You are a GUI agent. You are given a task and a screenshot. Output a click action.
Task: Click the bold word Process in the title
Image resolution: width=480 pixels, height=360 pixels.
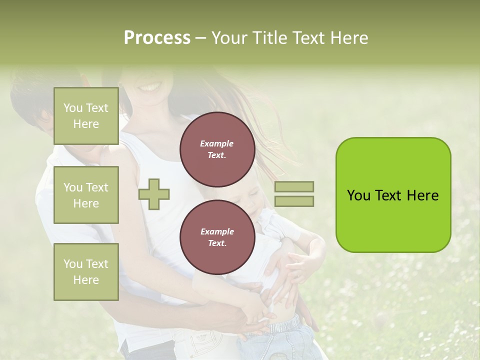pyautogui.click(x=157, y=38)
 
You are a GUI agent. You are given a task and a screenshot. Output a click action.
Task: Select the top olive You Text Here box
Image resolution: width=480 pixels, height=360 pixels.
pyautogui.click(x=86, y=116)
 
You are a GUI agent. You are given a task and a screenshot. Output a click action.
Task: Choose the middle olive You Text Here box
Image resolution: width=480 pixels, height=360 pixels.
pyautogui.click(x=86, y=195)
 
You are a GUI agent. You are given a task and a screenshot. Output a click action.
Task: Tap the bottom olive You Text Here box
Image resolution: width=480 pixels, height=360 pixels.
pyautogui.click(x=86, y=272)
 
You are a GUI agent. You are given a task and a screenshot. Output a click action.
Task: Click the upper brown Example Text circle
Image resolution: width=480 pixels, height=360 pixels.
pyautogui.click(x=217, y=149)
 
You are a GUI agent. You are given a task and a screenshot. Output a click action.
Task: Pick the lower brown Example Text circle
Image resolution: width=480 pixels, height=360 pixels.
pyautogui.click(x=217, y=237)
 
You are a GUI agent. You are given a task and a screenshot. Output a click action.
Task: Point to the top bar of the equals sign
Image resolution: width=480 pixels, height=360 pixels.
pyautogui.click(x=294, y=186)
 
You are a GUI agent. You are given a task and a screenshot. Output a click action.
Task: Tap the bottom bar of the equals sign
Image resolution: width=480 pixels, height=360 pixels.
pyautogui.click(x=294, y=201)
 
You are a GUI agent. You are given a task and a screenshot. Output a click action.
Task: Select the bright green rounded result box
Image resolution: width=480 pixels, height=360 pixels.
pyautogui.click(x=393, y=195)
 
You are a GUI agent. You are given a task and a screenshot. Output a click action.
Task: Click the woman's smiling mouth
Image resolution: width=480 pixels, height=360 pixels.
pyautogui.click(x=150, y=87)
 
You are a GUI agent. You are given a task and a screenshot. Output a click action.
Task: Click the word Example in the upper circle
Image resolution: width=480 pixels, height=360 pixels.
pyautogui.click(x=217, y=143)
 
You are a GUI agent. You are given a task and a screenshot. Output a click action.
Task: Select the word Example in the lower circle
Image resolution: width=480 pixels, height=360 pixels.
pyautogui.click(x=217, y=231)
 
